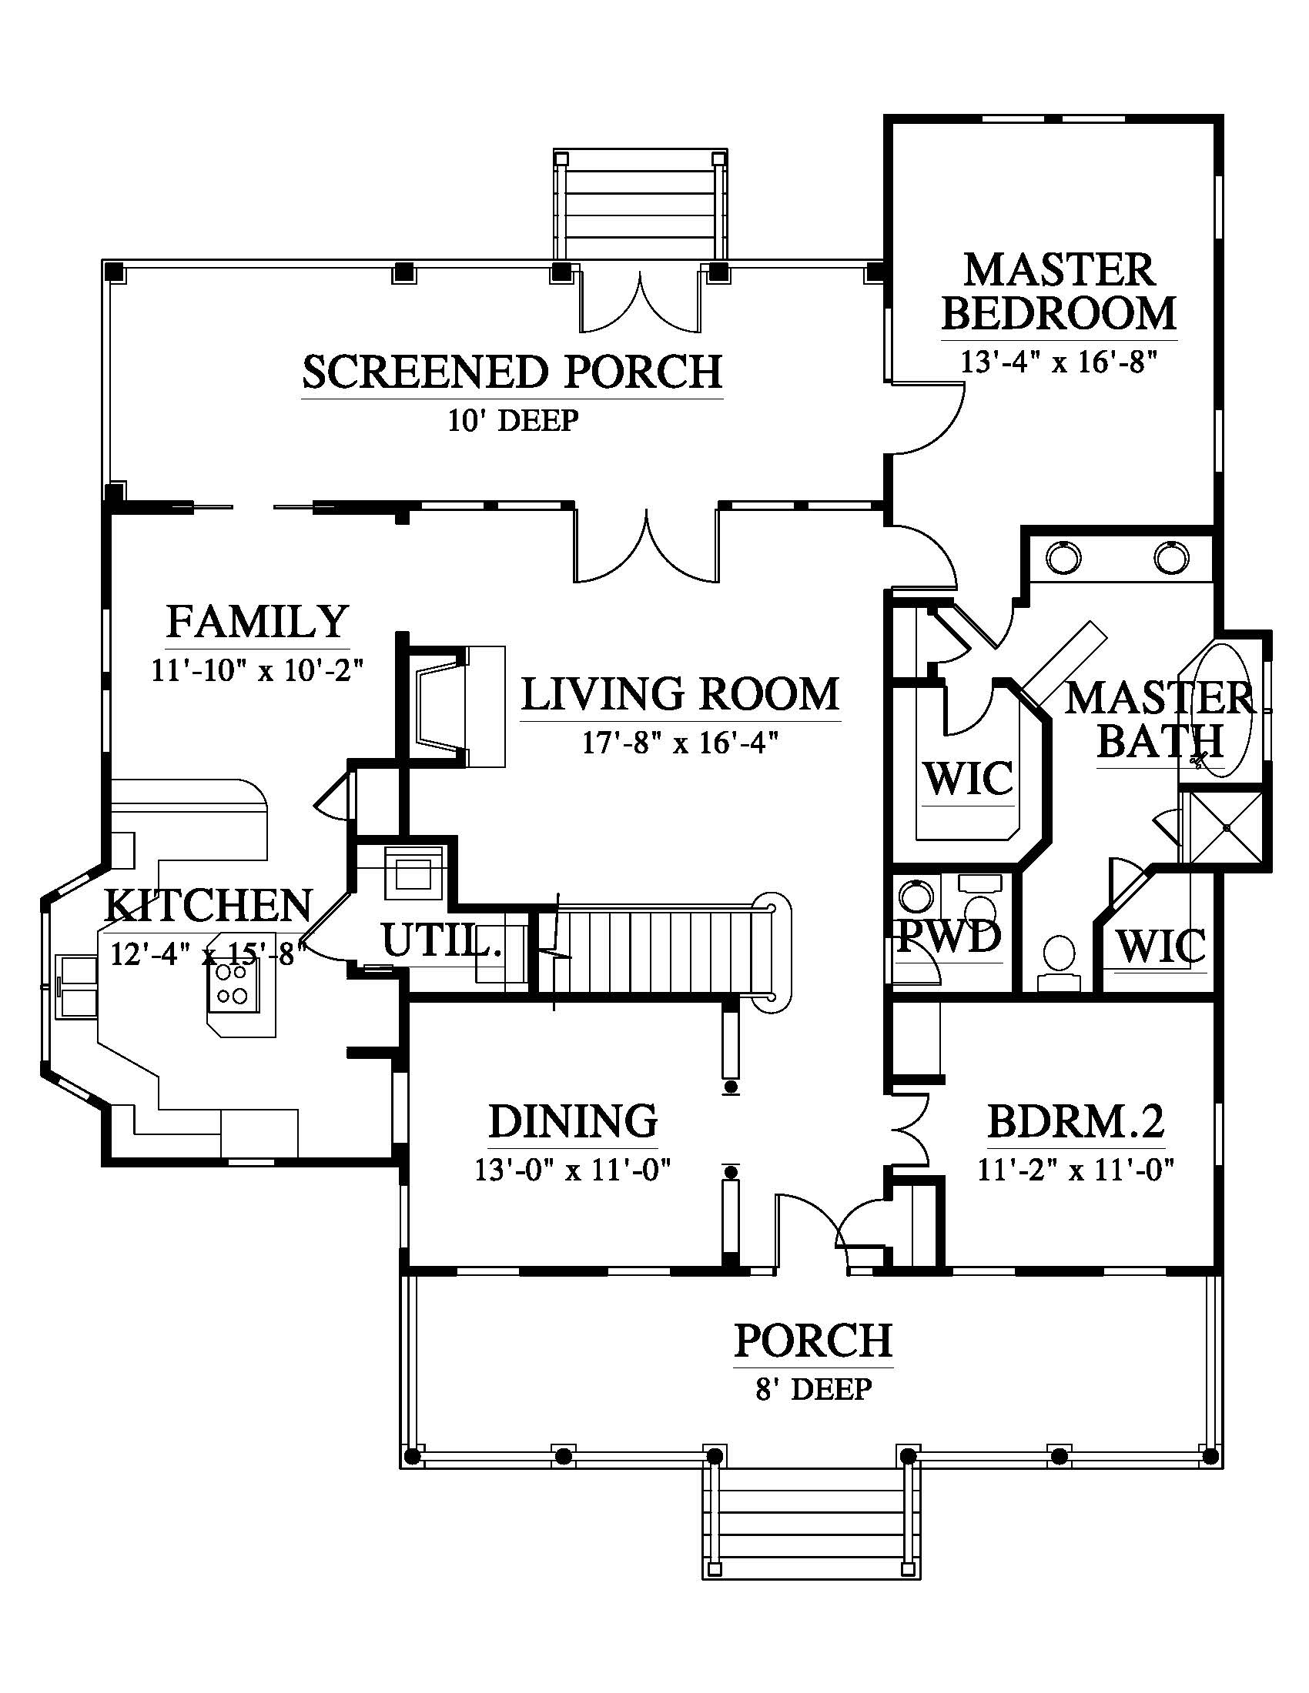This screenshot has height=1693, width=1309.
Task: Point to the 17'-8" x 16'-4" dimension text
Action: [x=680, y=743]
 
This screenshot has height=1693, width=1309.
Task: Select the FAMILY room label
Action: [x=256, y=621]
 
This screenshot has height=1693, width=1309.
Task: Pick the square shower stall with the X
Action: [x=1226, y=828]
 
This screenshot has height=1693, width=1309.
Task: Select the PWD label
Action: [x=949, y=937]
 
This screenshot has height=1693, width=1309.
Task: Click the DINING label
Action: [x=573, y=1121]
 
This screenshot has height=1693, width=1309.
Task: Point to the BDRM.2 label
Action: [x=1076, y=1120]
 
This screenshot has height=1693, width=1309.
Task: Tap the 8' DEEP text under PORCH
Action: [x=813, y=1388]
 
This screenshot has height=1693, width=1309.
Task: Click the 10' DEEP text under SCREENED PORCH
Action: [x=513, y=420]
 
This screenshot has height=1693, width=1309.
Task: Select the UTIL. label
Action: [x=440, y=940]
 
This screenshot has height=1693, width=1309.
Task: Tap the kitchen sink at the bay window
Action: [x=77, y=985]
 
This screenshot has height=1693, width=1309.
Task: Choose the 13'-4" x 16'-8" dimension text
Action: [x=1059, y=362]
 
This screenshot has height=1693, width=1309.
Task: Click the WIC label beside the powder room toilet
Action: [x=1160, y=947]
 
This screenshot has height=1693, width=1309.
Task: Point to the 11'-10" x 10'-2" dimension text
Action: [x=256, y=669]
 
